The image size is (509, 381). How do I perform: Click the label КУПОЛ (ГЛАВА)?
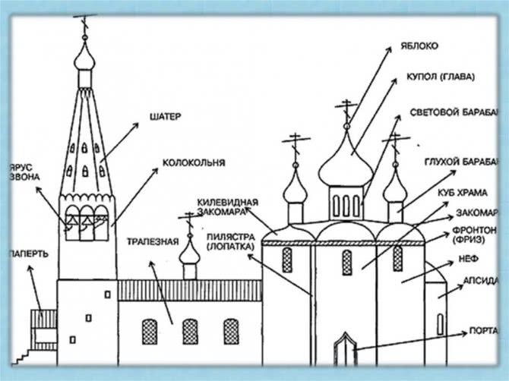click(x=440, y=77)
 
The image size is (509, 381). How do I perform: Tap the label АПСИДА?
click(x=479, y=281)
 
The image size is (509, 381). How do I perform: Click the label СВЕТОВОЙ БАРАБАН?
click(x=454, y=112)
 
